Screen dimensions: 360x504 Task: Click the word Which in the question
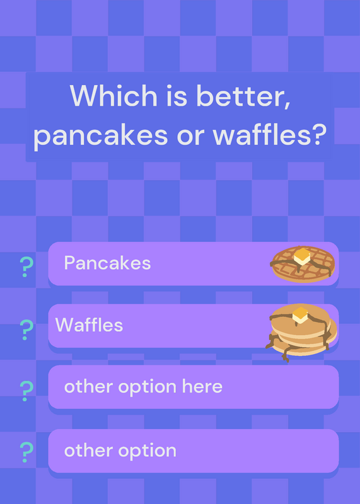point(113,96)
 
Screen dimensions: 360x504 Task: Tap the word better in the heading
point(243,96)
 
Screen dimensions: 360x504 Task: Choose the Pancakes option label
point(107,263)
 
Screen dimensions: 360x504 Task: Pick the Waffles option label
point(89,325)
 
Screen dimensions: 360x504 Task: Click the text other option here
point(143,387)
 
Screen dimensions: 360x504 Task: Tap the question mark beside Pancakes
point(26,267)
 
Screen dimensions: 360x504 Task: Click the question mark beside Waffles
point(26,329)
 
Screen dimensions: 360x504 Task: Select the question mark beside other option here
point(26,391)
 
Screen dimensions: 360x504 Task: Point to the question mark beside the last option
point(26,452)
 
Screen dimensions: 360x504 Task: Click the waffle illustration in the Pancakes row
point(303,264)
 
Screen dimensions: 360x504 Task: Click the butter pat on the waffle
point(302,256)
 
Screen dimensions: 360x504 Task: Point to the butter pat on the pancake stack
point(300,315)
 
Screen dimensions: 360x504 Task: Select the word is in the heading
point(177,96)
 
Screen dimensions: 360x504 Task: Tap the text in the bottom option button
point(120,451)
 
